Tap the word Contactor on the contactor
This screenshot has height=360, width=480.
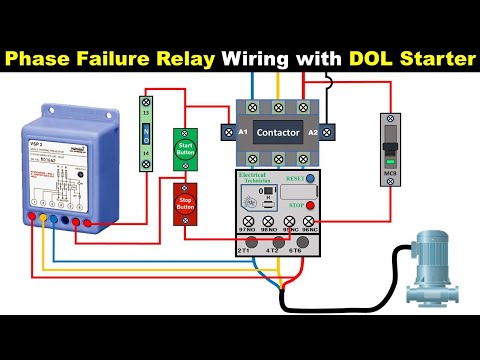coord(277,132)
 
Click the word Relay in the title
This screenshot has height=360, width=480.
coord(182,59)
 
